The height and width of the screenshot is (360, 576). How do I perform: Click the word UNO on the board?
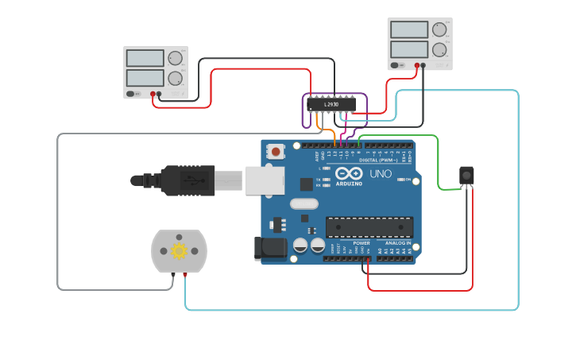381,173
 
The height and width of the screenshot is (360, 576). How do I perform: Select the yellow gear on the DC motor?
179,251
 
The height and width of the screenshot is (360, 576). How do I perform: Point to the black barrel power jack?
269,249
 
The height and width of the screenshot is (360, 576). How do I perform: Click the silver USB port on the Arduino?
264,180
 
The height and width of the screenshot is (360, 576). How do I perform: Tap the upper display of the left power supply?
145,59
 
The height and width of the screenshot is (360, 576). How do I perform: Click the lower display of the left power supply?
145,78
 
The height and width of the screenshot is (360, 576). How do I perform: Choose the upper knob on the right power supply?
439,30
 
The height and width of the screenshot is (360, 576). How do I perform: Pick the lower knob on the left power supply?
175,78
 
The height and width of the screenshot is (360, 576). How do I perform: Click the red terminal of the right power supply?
416,66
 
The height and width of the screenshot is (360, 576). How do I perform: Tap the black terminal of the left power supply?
159,94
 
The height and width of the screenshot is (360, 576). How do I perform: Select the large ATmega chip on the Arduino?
369,226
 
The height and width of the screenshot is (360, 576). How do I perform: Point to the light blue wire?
518,199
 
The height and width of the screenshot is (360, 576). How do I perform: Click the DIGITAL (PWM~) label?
380,160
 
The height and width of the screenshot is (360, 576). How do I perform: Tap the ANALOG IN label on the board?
397,243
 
